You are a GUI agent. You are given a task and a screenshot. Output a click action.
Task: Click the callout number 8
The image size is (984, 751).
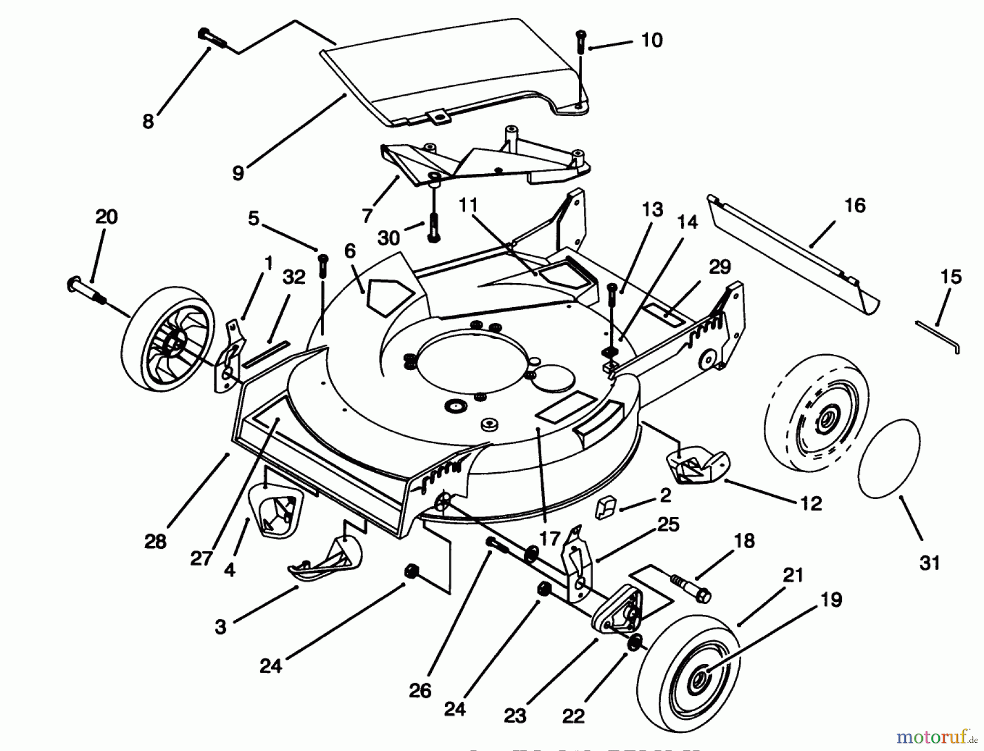tap(148, 121)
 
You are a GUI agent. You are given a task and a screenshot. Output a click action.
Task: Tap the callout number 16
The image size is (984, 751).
tap(855, 206)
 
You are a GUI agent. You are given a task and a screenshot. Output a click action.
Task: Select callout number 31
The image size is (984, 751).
tap(929, 562)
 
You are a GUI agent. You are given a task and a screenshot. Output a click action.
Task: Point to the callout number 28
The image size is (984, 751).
tap(155, 542)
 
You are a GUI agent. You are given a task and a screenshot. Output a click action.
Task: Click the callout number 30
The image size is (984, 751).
tap(389, 238)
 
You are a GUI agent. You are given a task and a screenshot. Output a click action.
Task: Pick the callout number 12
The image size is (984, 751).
tap(811, 503)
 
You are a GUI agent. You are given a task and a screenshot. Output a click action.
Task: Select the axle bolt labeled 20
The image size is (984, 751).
tap(87, 289)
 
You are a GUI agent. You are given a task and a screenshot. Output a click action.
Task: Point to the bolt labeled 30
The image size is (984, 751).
tap(434, 227)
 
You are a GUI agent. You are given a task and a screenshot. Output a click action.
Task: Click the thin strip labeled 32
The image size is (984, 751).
tap(266, 355)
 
